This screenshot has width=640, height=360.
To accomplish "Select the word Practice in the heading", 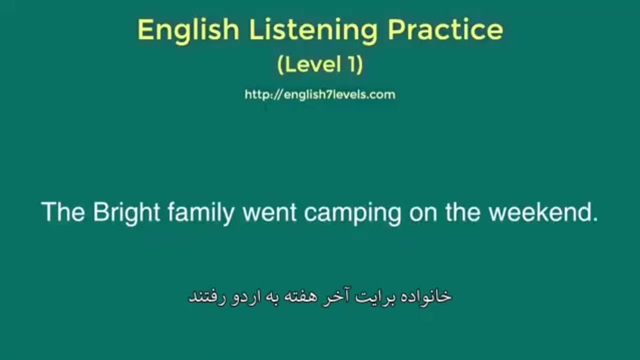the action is click(445, 29).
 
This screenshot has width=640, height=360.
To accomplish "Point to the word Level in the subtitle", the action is click(312, 64).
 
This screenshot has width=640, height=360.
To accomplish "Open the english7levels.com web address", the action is click(320, 94).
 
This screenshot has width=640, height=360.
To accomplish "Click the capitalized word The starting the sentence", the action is click(63, 211).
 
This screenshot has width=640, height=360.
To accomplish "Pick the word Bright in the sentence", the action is click(126, 213).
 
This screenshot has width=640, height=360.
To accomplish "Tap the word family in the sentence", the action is click(201, 213).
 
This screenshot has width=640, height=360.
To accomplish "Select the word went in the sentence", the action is click(269, 213).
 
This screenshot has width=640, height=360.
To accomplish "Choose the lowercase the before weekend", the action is click(462, 211).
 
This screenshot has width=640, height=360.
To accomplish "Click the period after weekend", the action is click(594, 218).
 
